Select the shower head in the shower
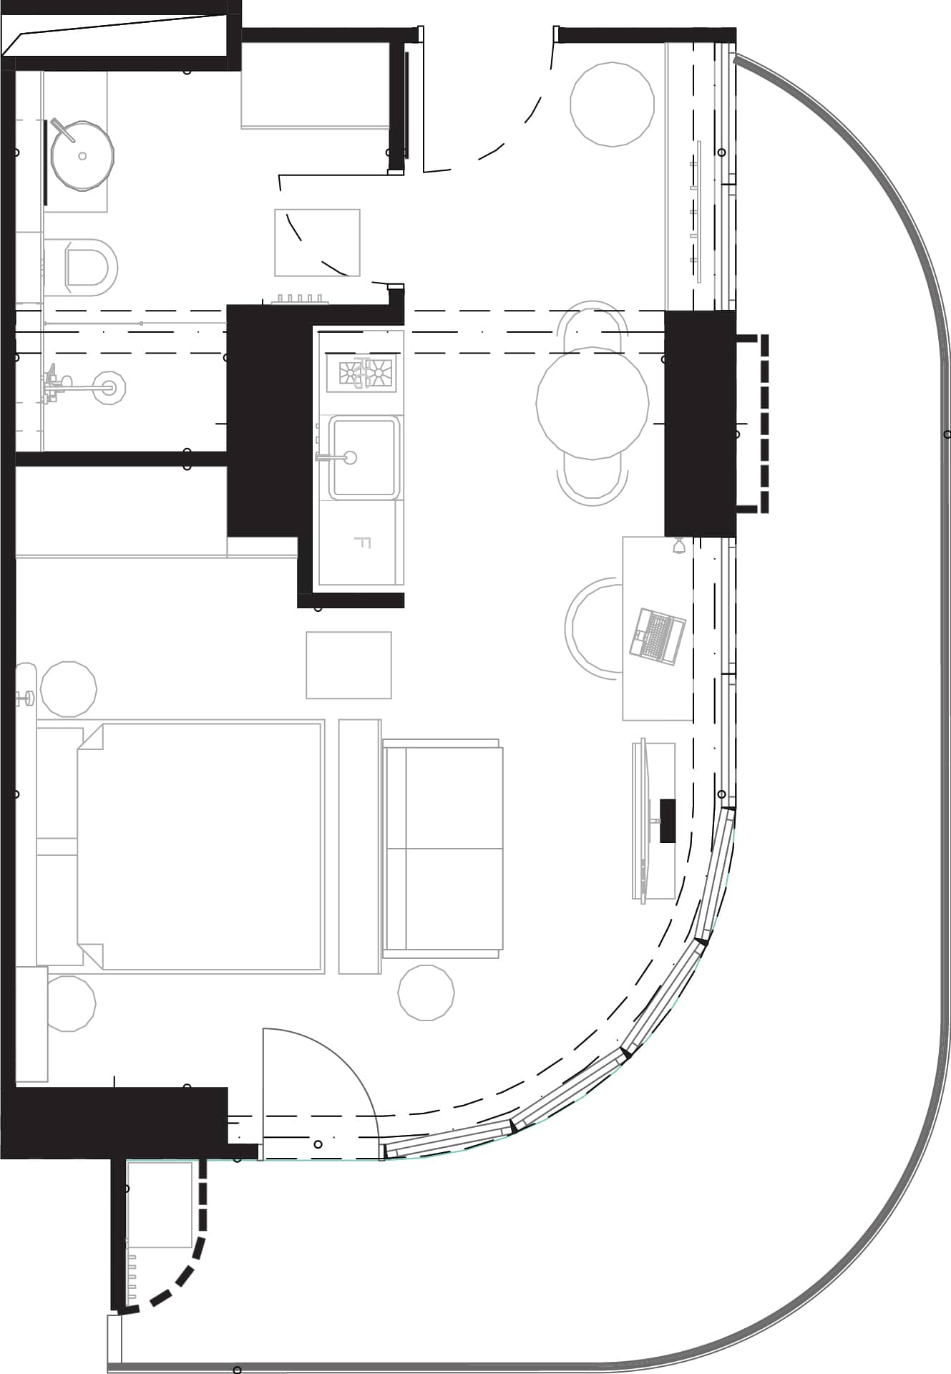(x=109, y=387)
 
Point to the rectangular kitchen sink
(x=363, y=457)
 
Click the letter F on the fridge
(x=362, y=542)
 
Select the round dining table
(x=592, y=402)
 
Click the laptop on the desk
(x=657, y=635)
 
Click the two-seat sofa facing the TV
(x=442, y=849)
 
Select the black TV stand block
(x=668, y=820)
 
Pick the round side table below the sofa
(x=426, y=992)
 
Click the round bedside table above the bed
(x=68, y=688)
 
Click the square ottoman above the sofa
(x=348, y=665)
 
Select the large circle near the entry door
(x=612, y=104)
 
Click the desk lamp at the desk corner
(x=680, y=547)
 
